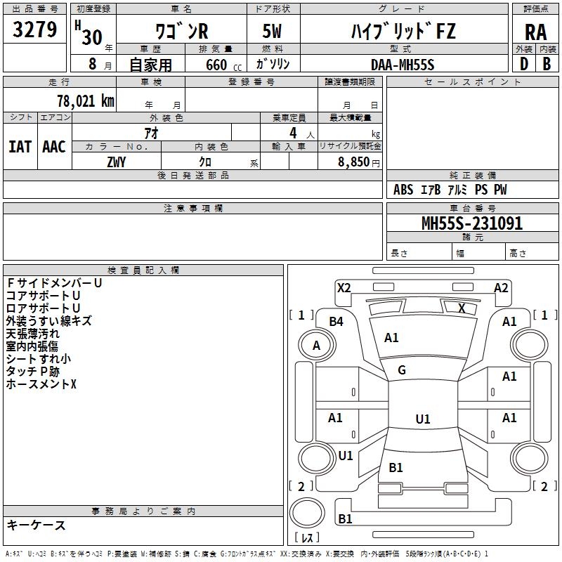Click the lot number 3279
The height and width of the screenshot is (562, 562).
[34, 29]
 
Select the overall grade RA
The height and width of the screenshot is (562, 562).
[535, 32]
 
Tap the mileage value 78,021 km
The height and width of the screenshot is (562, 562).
[86, 100]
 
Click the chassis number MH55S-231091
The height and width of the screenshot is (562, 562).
[472, 223]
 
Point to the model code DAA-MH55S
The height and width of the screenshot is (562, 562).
[403, 65]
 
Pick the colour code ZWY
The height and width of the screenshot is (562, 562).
[117, 162]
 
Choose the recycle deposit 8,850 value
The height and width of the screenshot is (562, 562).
[353, 162]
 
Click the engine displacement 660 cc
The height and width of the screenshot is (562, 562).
[223, 65]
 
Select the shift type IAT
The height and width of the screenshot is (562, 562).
[20, 147]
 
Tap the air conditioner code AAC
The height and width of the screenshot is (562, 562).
[54, 147]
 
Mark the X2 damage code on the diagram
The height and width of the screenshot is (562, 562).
[344, 288]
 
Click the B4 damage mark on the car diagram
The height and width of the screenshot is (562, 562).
[336, 322]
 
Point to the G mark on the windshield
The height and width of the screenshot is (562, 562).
[402, 370]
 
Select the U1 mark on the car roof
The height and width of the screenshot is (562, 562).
[423, 419]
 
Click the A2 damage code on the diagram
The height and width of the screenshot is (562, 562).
[501, 288]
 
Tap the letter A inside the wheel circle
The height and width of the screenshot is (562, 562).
[316, 346]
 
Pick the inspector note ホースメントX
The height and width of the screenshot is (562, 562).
[41, 384]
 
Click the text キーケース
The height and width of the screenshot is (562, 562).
[36, 525]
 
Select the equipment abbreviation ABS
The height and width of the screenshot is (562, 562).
[403, 190]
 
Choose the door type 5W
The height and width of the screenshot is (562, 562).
[272, 31]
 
